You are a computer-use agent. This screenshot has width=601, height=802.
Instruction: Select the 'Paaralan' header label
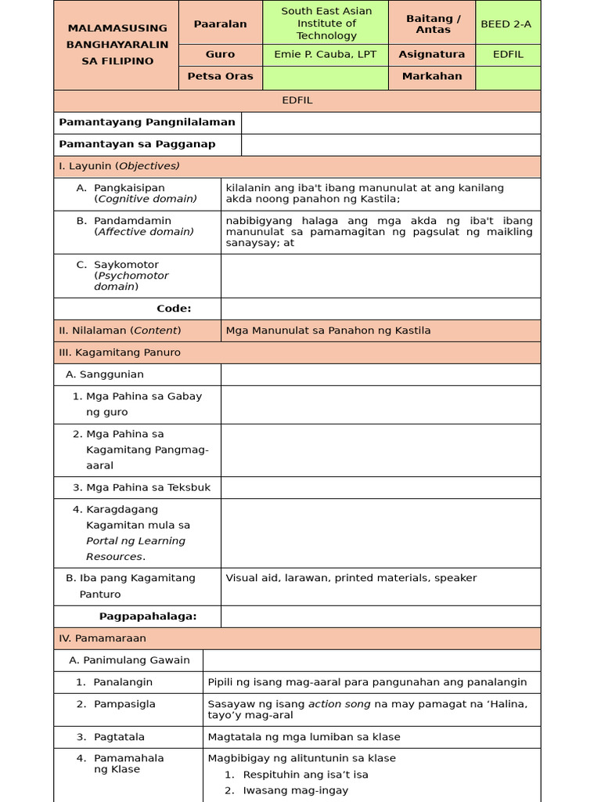220,23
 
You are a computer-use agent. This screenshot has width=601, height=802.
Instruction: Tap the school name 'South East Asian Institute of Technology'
326,23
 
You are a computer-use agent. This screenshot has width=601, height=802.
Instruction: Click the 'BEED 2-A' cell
506,23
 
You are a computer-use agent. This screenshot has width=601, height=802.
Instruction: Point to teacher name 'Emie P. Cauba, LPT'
326,55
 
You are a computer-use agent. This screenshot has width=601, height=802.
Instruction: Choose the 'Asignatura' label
431,55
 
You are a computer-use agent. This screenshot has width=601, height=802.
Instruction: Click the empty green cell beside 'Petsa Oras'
325,77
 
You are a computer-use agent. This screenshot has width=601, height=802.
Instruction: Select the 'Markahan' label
431,77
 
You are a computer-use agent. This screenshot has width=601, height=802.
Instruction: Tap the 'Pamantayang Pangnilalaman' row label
147,122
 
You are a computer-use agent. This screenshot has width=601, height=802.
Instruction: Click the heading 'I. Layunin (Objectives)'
119,166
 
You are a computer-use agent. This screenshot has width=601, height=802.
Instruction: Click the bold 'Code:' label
174,309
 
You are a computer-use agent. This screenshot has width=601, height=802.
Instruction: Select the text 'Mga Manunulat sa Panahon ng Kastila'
328,331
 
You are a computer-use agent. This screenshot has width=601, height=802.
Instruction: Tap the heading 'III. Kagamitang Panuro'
120,352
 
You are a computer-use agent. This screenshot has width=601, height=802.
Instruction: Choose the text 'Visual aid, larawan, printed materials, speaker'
351,578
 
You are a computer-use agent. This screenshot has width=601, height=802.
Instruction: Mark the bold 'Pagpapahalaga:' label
147,616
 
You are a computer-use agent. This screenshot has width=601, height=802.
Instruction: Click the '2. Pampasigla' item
124,704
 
